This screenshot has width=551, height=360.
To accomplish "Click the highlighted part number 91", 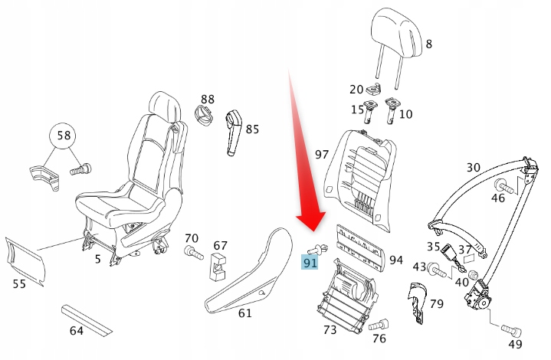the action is pos(310,263).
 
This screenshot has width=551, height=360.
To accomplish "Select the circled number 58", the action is pos(64,136).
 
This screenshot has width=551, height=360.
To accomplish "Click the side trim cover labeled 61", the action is pos(246,269).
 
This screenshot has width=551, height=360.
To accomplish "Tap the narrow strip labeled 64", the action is pos(86,319).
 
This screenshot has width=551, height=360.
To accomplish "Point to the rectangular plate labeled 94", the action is pos(359,247).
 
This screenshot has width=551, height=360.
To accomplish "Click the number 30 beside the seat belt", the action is pos(474,167).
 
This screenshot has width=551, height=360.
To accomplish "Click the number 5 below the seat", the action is pos(97,260).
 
